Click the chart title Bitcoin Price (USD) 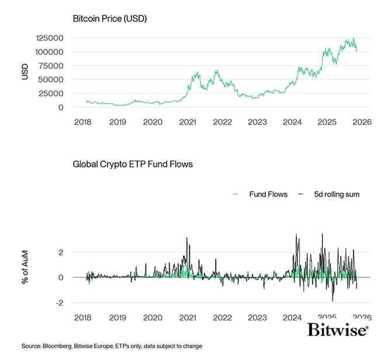click(x=109, y=19)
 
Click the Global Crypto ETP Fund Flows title click(x=133, y=164)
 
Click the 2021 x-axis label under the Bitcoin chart click(x=187, y=122)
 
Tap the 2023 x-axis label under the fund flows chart click(x=257, y=317)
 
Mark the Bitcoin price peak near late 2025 click(x=353, y=38)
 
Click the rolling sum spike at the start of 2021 click(x=187, y=238)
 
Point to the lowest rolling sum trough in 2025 click(x=332, y=300)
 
